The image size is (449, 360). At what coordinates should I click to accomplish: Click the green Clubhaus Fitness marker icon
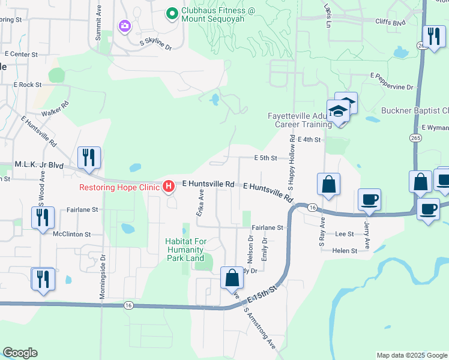tap(171, 12)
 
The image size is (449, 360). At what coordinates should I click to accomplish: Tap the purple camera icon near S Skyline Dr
tap(124, 25)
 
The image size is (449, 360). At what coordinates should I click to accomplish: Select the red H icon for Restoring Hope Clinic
tap(169, 187)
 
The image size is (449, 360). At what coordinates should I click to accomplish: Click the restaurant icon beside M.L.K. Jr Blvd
tap(89, 158)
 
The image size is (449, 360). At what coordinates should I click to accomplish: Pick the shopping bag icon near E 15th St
tap(232, 278)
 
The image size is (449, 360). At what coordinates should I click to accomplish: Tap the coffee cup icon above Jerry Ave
tap(369, 199)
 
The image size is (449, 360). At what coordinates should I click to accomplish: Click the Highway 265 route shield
tap(415, 138)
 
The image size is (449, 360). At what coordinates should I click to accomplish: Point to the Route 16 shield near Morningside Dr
tap(128, 305)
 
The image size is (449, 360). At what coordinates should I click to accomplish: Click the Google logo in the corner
tap(20, 353)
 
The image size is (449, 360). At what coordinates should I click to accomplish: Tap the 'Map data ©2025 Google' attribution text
tap(411, 355)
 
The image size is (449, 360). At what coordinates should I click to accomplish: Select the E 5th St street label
tap(265, 158)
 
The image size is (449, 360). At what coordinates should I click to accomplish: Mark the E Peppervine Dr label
tap(392, 82)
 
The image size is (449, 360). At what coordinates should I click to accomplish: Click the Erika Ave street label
tap(201, 203)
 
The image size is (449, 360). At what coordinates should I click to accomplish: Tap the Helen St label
tap(345, 250)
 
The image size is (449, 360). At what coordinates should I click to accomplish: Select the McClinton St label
tap(71, 234)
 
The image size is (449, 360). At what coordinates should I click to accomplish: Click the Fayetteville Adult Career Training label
tap(298, 120)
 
